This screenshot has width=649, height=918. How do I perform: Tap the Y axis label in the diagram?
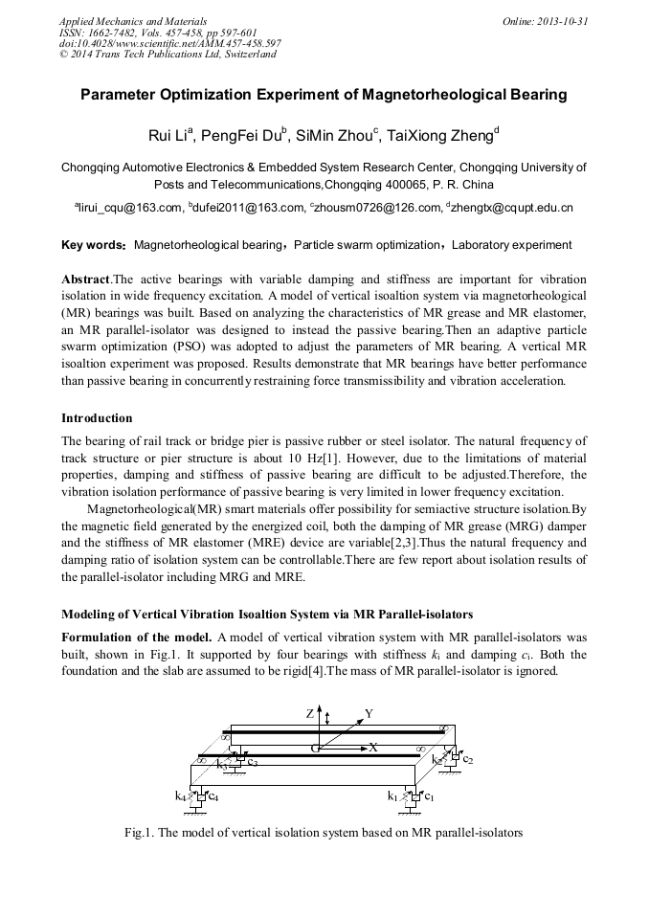click(x=369, y=714)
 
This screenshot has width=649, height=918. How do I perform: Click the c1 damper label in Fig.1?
click(x=430, y=795)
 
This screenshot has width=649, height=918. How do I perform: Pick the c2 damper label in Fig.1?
click(x=468, y=759)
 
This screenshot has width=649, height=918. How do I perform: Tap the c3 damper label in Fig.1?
click(x=252, y=763)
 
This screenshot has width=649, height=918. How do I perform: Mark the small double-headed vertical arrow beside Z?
click(x=327, y=717)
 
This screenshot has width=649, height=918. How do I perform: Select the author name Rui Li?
click(x=169, y=135)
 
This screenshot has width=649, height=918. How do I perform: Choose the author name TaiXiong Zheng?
click(x=438, y=135)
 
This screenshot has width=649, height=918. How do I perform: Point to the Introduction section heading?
click(x=97, y=418)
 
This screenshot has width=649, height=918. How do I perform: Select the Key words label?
click(x=93, y=245)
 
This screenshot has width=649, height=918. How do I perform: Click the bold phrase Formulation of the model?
click(x=137, y=638)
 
